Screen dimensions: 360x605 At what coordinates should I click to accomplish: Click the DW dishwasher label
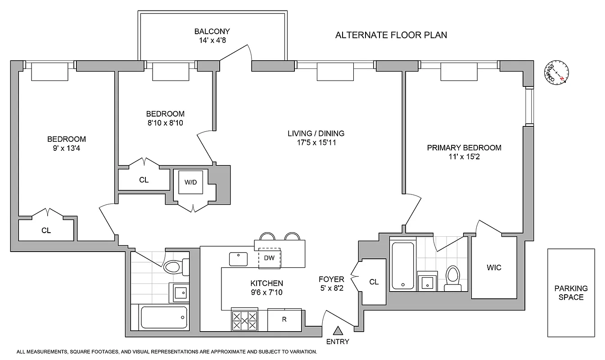[x=269, y=258]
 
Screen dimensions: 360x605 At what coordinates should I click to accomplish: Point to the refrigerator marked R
[x=284, y=320]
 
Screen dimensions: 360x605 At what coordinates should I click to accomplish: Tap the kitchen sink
[x=239, y=259]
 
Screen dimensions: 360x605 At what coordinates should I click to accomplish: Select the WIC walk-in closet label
[x=494, y=268]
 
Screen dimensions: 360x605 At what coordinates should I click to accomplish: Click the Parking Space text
[x=571, y=292]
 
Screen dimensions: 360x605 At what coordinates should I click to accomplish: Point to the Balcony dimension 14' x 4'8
[x=212, y=40]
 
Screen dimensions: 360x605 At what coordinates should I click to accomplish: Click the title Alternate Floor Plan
[x=391, y=35]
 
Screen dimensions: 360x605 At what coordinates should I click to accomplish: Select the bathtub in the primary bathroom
[x=403, y=266]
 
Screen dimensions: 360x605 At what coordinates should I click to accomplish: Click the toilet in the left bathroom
[x=173, y=267]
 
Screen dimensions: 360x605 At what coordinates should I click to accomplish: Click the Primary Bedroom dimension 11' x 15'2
[x=464, y=157]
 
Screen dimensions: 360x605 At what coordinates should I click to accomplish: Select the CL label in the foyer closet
[x=374, y=282]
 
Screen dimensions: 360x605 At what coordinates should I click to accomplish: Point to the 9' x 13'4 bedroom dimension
[x=67, y=148]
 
